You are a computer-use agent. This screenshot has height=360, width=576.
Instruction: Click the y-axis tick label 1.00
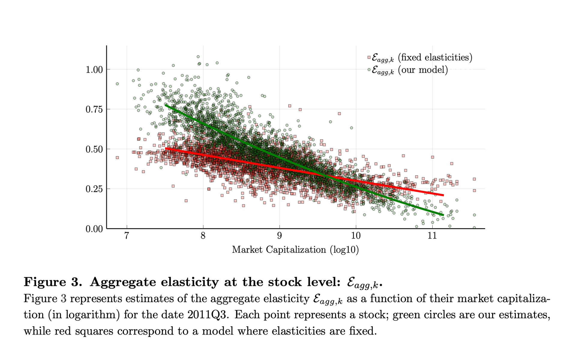[94, 70]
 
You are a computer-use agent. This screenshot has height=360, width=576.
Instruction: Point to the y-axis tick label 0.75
[94, 109]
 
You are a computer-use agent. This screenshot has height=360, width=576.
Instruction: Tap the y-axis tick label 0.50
[94, 149]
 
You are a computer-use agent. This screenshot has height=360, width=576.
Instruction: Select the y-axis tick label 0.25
[94, 189]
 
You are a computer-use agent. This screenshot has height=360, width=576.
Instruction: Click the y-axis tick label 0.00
[94, 229]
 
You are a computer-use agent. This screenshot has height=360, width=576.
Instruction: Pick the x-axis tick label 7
[127, 236]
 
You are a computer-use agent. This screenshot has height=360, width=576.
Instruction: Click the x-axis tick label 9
[280, 236]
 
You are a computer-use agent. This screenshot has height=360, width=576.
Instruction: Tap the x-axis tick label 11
[432, 236]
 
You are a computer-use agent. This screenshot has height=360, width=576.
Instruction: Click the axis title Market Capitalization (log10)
[295, 250]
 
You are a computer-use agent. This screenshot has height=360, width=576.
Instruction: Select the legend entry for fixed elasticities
[421, 57]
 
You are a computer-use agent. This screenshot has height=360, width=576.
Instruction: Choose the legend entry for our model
[409, 70]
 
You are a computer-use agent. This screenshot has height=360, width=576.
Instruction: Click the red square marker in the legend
[369, 57]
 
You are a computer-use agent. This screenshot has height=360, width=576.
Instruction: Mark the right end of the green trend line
[443, 215]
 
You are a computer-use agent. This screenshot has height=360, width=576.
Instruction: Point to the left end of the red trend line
[166, 148]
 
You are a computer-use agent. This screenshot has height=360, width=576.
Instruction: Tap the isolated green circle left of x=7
[117, 84]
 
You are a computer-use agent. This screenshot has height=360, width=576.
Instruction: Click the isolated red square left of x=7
[117, 157]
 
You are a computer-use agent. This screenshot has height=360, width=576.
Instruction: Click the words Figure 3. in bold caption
[53, 282]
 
